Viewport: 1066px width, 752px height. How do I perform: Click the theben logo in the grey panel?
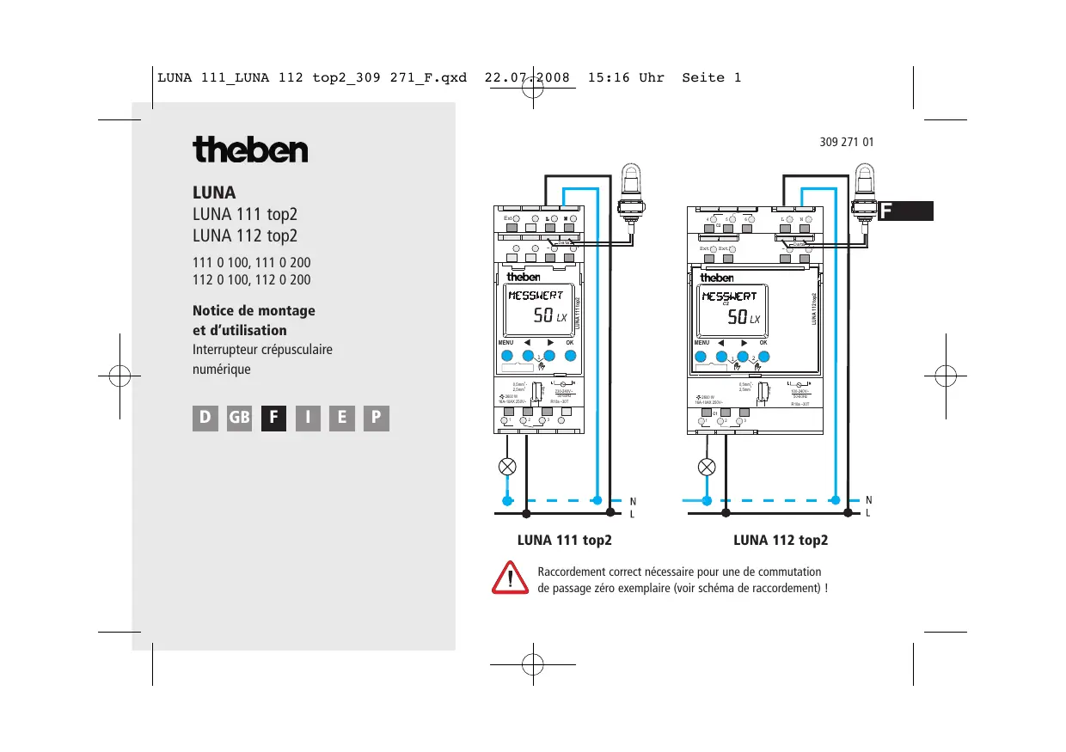(x=250, y=150)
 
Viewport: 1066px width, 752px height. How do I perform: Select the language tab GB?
(x=239, y=418)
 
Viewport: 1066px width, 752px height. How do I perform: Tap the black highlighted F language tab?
(x=273, y=418)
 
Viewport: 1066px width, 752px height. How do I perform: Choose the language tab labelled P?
(x=377, y=418)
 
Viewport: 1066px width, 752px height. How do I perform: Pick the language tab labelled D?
(x=205, y=418)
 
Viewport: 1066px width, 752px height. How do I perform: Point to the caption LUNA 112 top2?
(x=781, y=541)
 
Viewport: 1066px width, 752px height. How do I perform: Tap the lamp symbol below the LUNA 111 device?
(x=508, y=468)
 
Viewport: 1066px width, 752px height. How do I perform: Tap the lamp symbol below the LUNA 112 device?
(x=707, y=468)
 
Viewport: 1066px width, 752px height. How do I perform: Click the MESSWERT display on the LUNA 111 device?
(x=535, y=296)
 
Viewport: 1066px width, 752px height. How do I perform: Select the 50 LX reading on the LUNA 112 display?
(x=743, y=317)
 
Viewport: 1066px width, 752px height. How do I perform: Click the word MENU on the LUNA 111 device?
(x=505, y=343)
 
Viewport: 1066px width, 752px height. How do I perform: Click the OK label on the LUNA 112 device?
(x=763, y=343)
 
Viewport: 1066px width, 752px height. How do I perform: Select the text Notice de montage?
(x=254, y=310)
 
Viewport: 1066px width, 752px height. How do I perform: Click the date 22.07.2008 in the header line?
(x=528, y=77)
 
